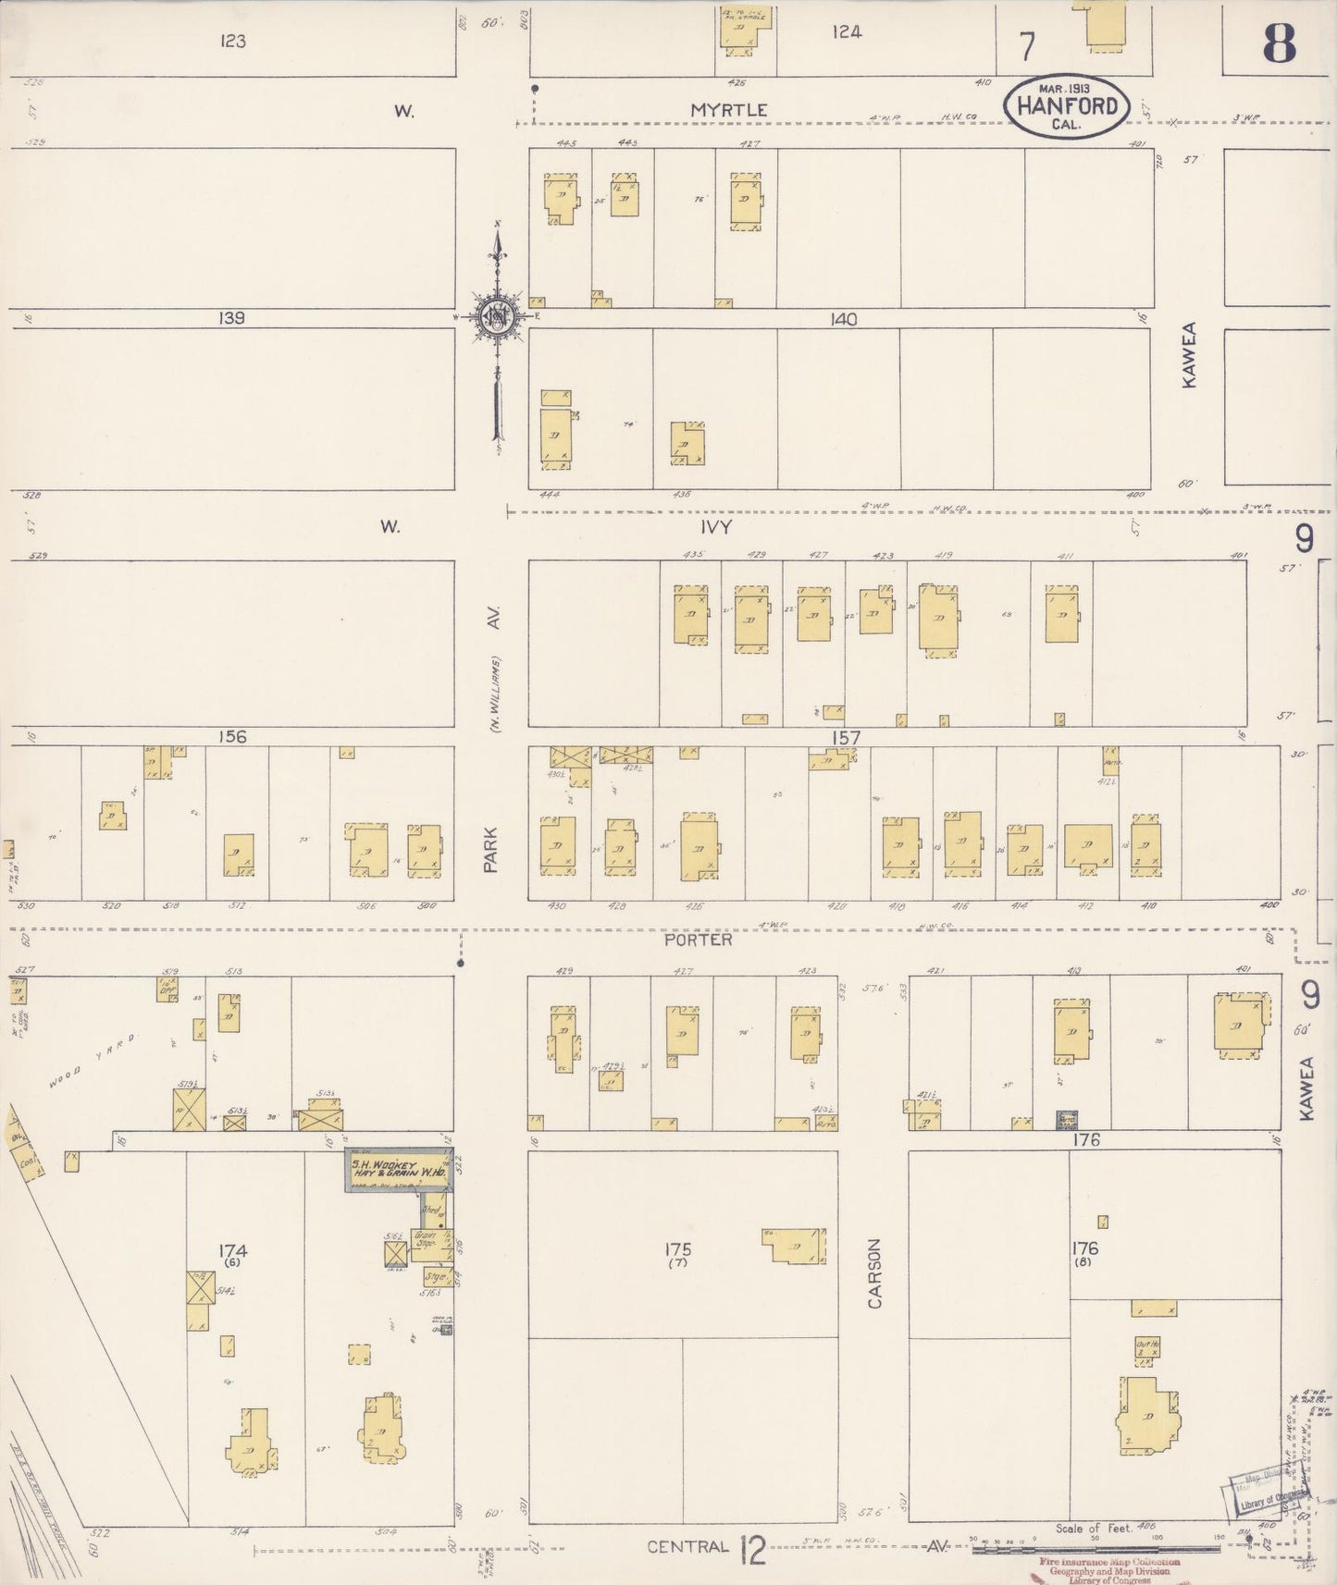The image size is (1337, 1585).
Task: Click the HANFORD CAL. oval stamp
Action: tap(1066, 104)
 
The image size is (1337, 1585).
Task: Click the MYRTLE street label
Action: tap(729, 109)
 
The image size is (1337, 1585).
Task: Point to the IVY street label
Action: tap(716, 526)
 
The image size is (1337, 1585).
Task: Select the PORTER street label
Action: tap(698, 940)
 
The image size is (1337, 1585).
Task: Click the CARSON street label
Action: tap(875, 1273)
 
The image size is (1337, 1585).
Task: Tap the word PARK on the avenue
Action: tap(491, 850)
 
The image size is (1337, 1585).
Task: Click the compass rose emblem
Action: tap(498, 317)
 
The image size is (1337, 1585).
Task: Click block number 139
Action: tap(231, 318)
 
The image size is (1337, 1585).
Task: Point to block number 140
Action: tap(843, 319)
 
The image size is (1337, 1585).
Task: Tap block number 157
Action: tap(846, 737)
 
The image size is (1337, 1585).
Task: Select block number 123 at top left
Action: tap(233, 42)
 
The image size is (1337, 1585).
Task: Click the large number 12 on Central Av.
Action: tap(753, 1549)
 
